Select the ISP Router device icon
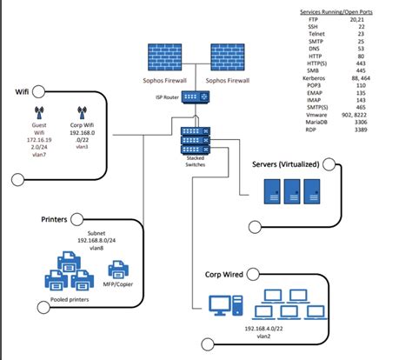[x=193, y=97]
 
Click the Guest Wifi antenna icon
[x=38, y=113]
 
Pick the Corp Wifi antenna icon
[x=81, y=113]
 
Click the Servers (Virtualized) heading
[x=285, y=163]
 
